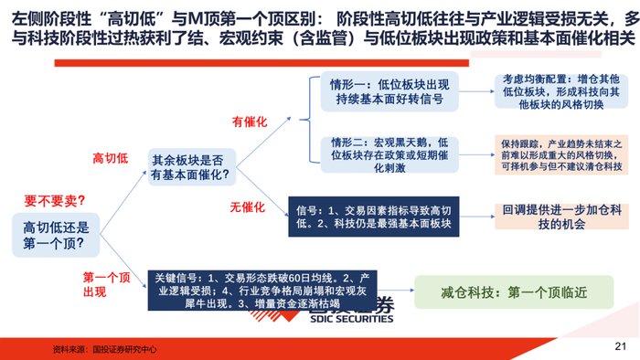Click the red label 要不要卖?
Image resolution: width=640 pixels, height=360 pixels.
tap(54, 201)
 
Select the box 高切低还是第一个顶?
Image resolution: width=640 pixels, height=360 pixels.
tap(56, 235)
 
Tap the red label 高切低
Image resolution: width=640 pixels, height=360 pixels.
tap(111, 158)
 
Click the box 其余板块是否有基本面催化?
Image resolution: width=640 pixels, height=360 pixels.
tap(192, 167)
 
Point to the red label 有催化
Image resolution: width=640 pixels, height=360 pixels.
tap(250, 122)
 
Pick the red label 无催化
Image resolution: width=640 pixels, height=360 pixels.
tap(248, 207)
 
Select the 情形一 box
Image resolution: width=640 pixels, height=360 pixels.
tap(389, 91)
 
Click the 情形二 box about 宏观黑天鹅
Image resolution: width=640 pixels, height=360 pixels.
tap(389, 155)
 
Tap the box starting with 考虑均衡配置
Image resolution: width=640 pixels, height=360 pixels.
tap(561, 91)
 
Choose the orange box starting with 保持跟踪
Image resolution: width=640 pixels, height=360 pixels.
tap(561, 155)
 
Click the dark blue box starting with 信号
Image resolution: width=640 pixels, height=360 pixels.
tap(373, 217)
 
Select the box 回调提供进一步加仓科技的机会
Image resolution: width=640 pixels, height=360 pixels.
tap(561, 217)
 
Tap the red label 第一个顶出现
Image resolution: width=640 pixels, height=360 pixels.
tap(106, 284)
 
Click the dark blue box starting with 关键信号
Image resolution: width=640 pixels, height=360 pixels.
tap(262, 291)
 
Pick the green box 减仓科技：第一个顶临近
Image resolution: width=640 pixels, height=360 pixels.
tap(514, 291)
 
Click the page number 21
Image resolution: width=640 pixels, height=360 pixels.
tap(620, 346)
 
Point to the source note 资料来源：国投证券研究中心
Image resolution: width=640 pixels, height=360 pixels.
tap(104, 349)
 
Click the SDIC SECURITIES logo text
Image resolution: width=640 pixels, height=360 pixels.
tap(351, 318)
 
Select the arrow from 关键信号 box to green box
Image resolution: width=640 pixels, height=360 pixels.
tap(396, 291)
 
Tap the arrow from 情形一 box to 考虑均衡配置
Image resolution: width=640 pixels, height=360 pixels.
tap(476, 91)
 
